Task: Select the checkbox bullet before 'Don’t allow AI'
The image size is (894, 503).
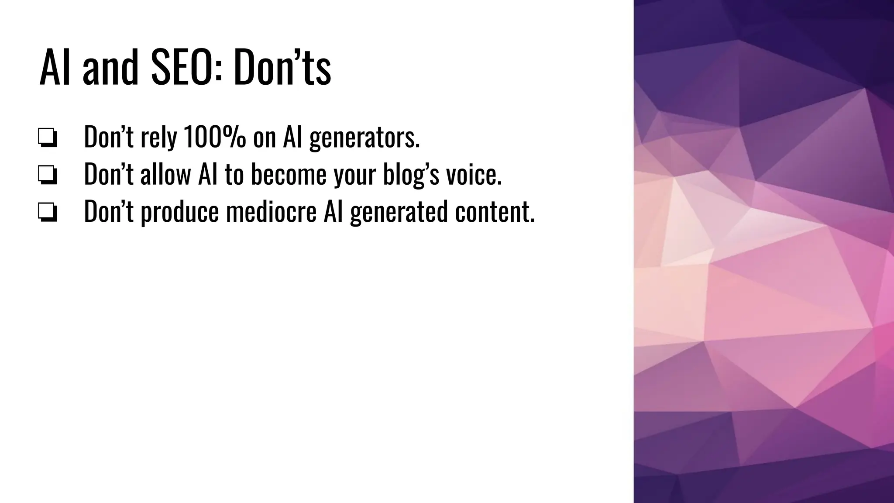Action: click(47, 176)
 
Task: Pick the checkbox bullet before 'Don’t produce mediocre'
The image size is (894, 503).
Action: click(47, 213)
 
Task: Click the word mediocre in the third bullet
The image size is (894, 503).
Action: click(271, 211)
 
